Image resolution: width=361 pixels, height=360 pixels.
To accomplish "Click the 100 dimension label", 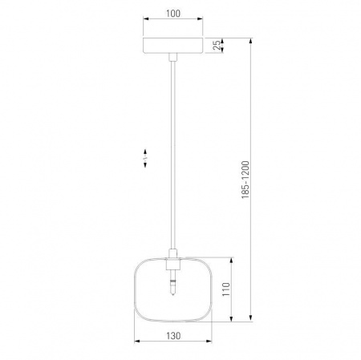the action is pos(173,14).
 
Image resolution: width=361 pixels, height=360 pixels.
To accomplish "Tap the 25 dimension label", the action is pos(217,45).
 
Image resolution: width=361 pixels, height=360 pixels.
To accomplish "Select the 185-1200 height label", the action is pos(245,180).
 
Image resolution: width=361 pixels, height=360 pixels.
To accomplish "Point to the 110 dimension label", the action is pos(226,289).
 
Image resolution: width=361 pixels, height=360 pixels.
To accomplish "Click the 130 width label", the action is pos(173,336).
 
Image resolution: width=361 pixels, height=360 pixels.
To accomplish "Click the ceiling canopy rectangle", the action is pos(173,46).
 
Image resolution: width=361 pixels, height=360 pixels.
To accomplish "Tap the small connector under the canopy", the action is pos(173,57).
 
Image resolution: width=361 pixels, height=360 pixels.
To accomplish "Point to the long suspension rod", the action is pos(173,155).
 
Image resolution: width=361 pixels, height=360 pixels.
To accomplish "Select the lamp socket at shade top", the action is pos(173,264).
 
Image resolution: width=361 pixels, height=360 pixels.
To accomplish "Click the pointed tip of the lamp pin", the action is pos(173,295).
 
